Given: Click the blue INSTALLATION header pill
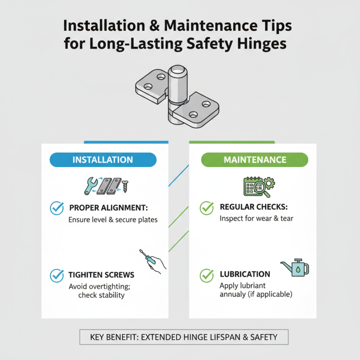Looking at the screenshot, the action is click(103, 160).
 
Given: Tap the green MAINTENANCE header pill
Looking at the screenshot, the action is click(255, 160).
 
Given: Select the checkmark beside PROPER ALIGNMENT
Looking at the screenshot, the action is click(57, 208).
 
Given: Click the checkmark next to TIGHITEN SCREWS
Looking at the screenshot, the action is click(57, 275).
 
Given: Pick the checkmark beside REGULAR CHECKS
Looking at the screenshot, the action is click(207, 208).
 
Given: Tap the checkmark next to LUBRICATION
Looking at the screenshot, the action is click(207, 275).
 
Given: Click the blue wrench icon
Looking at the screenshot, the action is click(90, 185).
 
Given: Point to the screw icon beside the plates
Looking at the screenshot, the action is click(125, 186).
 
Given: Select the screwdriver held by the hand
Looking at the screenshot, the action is click(148, 257).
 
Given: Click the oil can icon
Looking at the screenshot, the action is click(296, 268).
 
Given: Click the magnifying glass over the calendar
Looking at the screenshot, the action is click(261, 189).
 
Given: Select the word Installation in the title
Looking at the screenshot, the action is click(104, 25).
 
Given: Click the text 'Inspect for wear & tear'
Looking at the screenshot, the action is click(256, 218).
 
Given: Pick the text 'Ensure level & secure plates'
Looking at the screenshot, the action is click(113, 220).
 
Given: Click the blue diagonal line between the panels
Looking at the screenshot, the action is click(179, 175).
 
